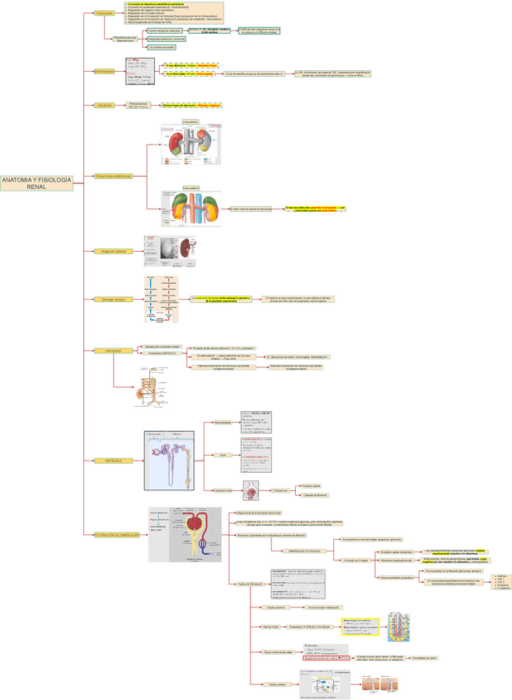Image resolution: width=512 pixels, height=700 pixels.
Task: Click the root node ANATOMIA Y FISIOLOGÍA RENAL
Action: [x=36, y=183]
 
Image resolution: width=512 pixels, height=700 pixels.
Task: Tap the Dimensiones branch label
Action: [x=105, y=72]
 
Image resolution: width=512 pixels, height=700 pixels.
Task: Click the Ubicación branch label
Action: [x=105, y=106]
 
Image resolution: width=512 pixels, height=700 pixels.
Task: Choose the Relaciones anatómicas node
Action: [x=113, y=176]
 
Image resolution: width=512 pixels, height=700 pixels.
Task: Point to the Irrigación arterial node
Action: [x=113, y=250]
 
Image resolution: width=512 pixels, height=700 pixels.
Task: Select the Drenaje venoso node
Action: [x=108, y=299]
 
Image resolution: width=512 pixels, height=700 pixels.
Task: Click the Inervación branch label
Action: [x=114, y=351]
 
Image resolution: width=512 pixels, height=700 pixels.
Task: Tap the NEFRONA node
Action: [x=112, y=460]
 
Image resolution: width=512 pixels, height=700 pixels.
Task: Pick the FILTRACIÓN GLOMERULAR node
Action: [x=116, y=535]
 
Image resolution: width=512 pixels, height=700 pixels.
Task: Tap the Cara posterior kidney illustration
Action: [x=191, y=211]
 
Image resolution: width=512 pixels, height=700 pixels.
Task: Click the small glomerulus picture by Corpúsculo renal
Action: [x=252, y=491]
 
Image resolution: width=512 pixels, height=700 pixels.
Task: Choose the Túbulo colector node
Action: [x=276, y=684]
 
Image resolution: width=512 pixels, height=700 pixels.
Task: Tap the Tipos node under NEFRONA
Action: [x=222, y=455]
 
